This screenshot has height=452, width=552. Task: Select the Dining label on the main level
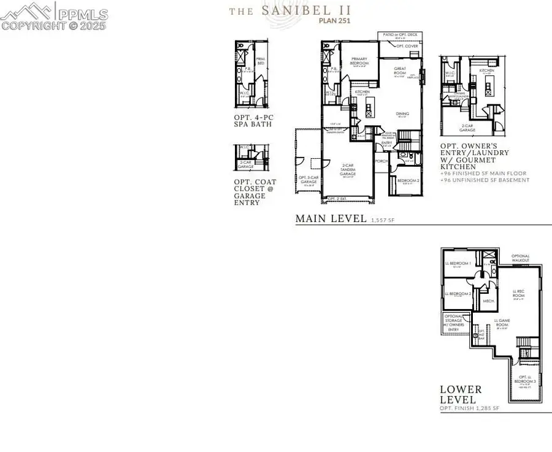pos(402,113)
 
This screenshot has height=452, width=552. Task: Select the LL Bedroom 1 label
pos(458,264)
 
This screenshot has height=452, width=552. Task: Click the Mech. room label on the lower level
pos(489,302)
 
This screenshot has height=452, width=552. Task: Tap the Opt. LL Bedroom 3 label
pos(524,380)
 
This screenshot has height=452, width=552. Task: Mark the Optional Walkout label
pos(521,258)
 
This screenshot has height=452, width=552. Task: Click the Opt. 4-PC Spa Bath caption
pos(253,120)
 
